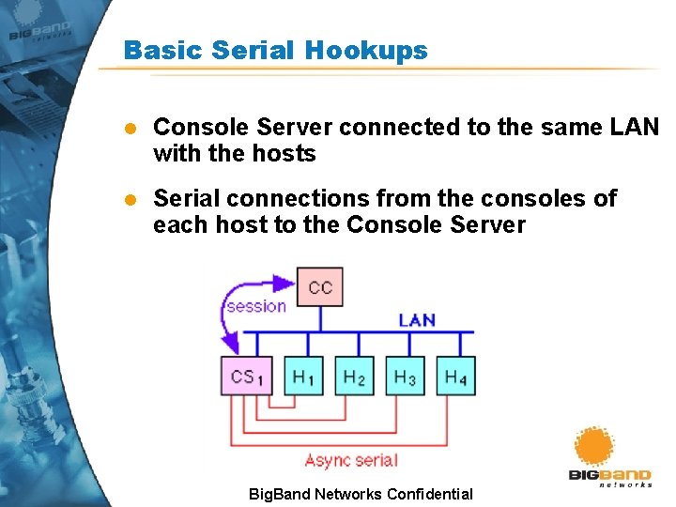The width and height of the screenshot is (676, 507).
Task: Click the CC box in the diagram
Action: coord(320,287)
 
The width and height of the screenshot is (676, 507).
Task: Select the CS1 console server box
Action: coord(247,376)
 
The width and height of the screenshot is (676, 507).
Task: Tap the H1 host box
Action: coord(303,376)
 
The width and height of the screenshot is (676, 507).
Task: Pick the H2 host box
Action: coord(354,376)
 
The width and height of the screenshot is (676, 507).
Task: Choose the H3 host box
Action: coord(405,376)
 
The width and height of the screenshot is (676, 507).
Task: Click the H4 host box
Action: coord(455,376)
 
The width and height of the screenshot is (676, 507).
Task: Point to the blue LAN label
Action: coord(417,320)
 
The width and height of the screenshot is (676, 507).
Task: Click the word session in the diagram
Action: coord(256,306)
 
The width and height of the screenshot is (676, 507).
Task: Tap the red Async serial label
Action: coord(351,460)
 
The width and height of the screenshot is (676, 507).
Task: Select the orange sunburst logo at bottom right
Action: coord(593,448)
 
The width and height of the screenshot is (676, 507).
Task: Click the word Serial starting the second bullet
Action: coord(183,199)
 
